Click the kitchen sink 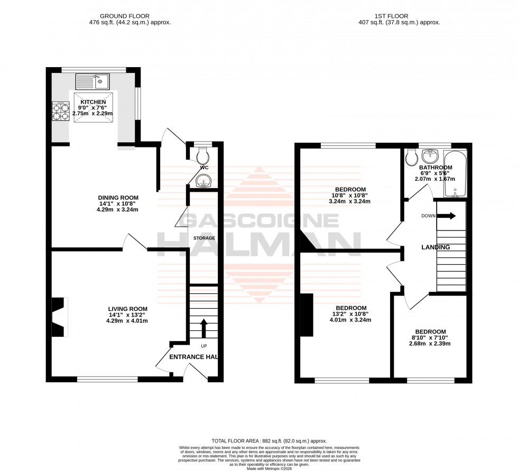coord(92,81)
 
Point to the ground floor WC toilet coord(202,155)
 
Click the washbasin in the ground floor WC coord(203,182)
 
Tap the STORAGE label coord(203,238)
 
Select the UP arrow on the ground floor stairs coord(203,326)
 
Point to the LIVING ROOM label coord(127,309)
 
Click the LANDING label coord(436,247)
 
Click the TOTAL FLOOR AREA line coord(269,440)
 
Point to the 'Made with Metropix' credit coord(269,468)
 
